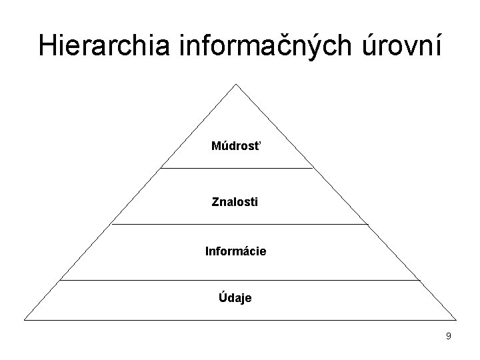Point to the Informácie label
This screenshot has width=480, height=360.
tap(235, 251)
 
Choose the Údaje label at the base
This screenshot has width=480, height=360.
tap(235, 298)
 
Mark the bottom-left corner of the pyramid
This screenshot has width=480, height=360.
tap(25, 319)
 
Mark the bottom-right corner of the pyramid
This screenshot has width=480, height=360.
tap(456, 319)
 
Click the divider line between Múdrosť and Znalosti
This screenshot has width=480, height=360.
tap(236, 169)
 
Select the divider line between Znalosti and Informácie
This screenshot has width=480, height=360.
tap(239, 224)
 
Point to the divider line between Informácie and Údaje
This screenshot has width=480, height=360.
tap(239, 280)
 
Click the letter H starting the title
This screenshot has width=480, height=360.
tap(47, 45)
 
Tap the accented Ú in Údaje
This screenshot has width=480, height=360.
tap(223, 297)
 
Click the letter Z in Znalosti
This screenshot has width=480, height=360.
tap(215, 200)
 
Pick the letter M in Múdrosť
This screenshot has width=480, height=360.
tap(215, 145)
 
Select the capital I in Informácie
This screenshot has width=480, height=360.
tap(207, 251)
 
